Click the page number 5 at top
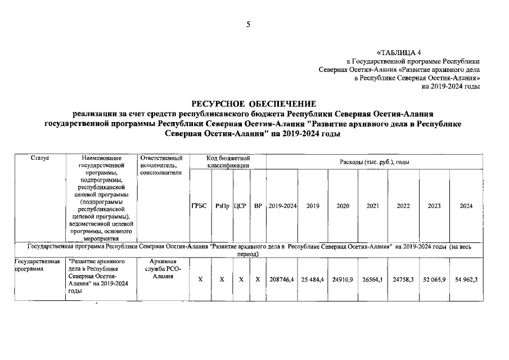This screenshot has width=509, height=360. (247, 24)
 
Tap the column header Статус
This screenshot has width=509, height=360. (40, 159)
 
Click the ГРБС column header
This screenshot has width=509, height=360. (200, 206)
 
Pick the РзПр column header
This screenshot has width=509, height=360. (222, 206)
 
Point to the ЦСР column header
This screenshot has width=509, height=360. (241, 206)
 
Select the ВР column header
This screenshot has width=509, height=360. (258, 206)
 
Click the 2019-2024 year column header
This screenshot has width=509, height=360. (282, 206)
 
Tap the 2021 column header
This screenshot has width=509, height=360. (372, 206)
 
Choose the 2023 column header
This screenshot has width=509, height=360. (434, 206)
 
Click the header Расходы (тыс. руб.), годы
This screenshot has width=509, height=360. (374, 162)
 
